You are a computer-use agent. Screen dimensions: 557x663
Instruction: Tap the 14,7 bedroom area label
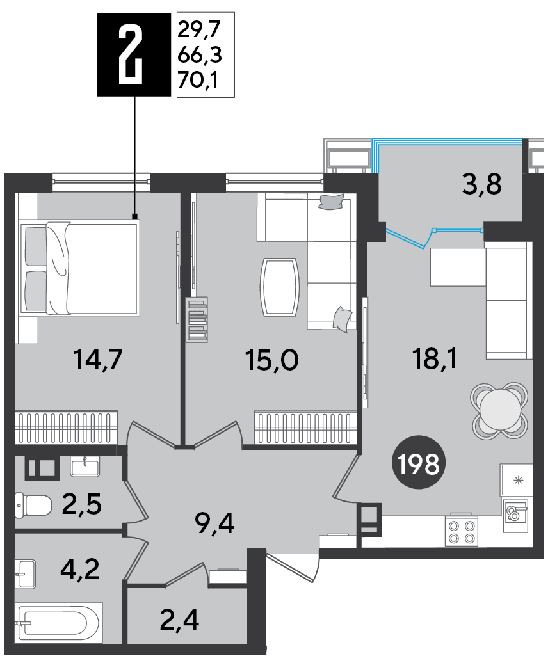98,359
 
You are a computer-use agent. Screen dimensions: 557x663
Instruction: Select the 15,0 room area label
271,360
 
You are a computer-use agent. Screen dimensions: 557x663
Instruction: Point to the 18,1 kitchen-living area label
434,358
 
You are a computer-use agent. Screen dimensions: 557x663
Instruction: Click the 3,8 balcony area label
481,184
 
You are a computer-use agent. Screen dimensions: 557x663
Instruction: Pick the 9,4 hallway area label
214,523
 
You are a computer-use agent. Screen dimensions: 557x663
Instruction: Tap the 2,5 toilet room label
81,504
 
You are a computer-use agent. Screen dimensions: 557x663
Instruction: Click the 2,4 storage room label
179,620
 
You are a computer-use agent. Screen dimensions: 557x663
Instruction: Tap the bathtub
58,622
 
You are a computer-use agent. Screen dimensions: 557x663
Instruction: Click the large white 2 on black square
129,54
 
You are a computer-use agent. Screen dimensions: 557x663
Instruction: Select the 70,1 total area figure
198,79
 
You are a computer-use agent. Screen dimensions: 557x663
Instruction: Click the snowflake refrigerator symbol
518,480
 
